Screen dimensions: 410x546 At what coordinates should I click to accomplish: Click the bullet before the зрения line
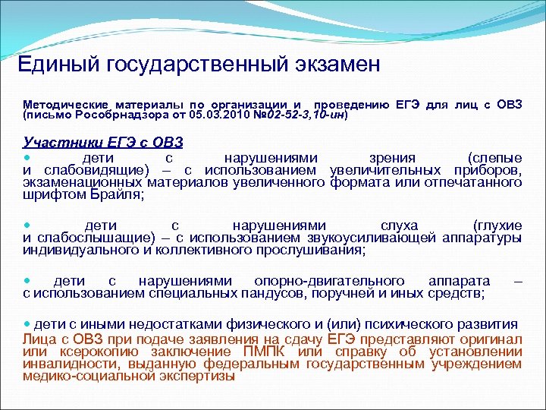tap(28, 157)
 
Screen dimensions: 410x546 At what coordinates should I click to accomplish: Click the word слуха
tap(399, 225)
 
